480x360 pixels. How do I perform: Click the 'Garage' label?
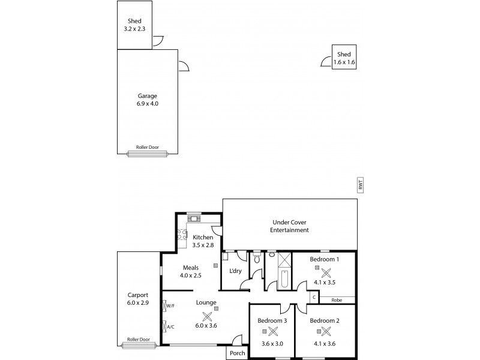coord(147,95)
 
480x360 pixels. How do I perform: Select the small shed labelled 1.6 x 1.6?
coord(344,58)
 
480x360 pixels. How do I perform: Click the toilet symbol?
coord(256,259)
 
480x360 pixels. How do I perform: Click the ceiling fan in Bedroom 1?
coord(326,272)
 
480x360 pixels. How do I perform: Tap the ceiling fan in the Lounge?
coord(206,316)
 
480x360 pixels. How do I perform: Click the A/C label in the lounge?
coord(170,327)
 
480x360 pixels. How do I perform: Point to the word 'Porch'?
coord(237,353)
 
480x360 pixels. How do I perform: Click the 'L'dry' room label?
coord(236,271)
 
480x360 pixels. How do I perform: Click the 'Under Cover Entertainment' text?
coord(289,226)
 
